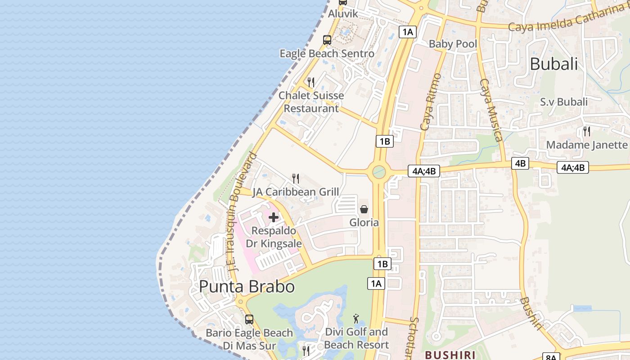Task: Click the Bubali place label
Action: coord(553,64)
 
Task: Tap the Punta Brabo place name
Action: coord(247,286)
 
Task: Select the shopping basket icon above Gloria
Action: coord(364,209)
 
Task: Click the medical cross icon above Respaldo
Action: coord(273,218)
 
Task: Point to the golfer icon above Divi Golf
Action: coord(356,319)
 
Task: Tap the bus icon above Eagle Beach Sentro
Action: coord(327,40)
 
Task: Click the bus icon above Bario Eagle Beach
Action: coord(249,319)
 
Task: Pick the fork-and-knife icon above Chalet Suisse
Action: coord(310,82)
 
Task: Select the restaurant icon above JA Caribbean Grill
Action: coord(296,179)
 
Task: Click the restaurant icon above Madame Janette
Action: coord(587,131)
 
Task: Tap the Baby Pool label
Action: coord(453,44)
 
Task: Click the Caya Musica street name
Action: coord(491,110)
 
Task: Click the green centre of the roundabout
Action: coord(379,171)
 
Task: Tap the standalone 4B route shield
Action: coord(520,163)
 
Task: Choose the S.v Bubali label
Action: coord(564,102)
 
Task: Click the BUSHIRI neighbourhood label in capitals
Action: coord(450,355)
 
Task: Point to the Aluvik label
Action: coord(343,13)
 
